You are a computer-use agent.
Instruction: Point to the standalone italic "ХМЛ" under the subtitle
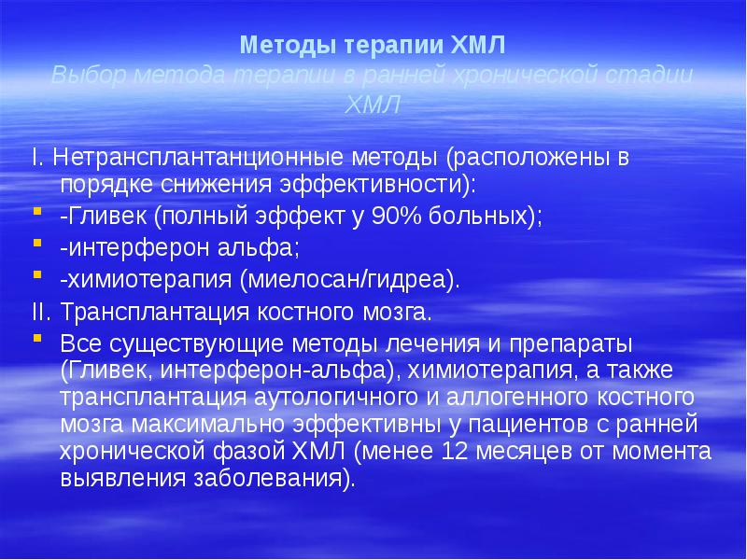click(x=373, y=105)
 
